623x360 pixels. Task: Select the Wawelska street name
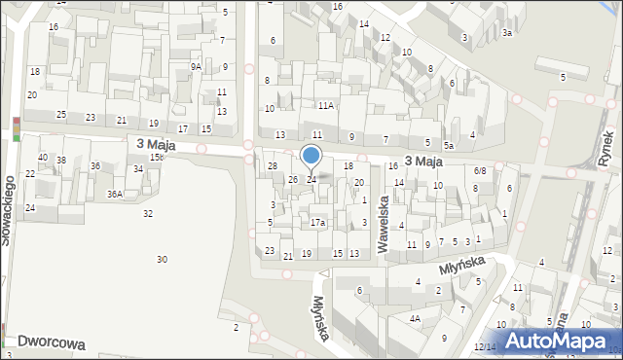[385, 223]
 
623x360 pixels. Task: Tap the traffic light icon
[17, 128]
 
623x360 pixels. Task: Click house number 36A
[115, 195]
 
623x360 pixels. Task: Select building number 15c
[156, 158]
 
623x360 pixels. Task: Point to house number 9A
[196, 67]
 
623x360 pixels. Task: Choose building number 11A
[325, 105]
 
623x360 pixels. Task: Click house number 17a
[317, 223]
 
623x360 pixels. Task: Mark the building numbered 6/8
[479, 171]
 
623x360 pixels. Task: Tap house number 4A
[415, 319]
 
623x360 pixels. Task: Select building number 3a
[507, 33]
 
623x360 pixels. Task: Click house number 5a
[449, 145]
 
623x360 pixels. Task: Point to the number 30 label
[162, 259]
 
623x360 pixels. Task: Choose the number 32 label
[148, 213]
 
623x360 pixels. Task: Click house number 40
[43, 158]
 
